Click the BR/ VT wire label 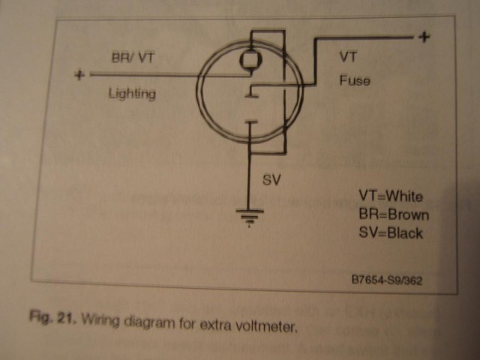point(133,57)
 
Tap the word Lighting point(132,93)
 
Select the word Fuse point(355,80)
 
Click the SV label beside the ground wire point(271,180)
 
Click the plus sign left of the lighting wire point(79,75)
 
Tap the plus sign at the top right point(424,37)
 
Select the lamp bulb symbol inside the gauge point(250,60)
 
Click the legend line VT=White point(391,196)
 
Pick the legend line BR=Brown point(394,214)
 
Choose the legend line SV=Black point(391,232)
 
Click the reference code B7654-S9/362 point(387,280)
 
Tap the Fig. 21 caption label point(52,316)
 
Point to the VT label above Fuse point(348,57)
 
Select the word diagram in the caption point(149,323)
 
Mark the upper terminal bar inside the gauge point(252,96)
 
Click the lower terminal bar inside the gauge point(251,122)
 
